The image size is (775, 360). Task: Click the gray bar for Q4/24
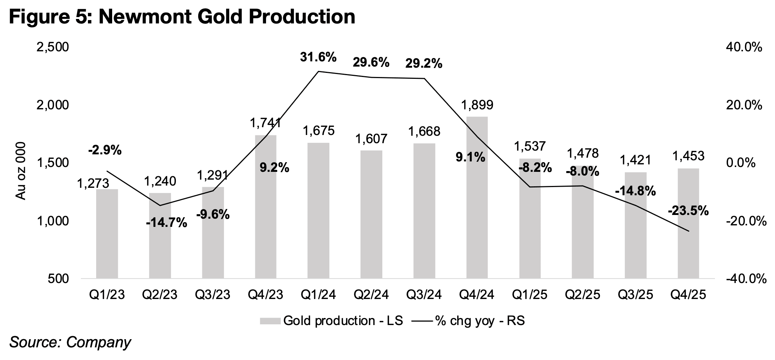pyautogui.click(x=477, y=197)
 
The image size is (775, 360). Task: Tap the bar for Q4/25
pyautogui.click(x=688, y=223)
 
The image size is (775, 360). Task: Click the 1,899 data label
pyautogui.click(x=477, y=105)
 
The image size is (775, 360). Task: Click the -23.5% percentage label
pyautogui.click(x=688, y=211)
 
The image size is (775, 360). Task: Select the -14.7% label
pyautogui.click(x=166, y=223)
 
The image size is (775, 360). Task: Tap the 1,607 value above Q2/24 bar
pyautogui.click(x=371, y=139)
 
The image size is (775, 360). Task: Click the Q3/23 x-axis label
pyautogui.click(x=213, y=295)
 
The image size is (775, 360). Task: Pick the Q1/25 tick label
pyautogui.click(x=530, y=295)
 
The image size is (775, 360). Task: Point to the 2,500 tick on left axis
pyautogui.click(x=53, y=48)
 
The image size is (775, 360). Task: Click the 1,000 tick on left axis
pyautogui.click(x=53, y=221)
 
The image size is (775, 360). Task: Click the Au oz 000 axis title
pyautogui.click(x=21, y=171)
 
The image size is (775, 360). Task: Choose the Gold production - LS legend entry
pyautogui.click(x=331, y=321)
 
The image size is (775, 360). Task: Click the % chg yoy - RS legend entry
pyautogui.click(x=468, y=321)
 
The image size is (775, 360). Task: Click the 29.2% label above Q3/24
pyautogui.click(x=424, y=64)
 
